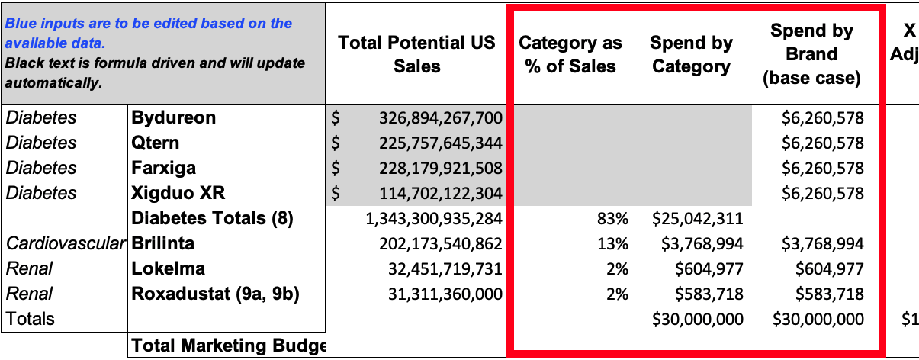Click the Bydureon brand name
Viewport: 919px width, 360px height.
[x=174, y=117]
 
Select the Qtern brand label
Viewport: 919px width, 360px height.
[x=155, y=143]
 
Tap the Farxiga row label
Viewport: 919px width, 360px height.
[x=163, y=169]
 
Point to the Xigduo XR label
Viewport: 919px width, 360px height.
[x=178, y=193]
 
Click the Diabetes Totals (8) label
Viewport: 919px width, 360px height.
[x=212, y=218]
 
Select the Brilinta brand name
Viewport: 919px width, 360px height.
[x=162, y=243]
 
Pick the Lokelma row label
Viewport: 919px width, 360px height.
[x=169, y=268]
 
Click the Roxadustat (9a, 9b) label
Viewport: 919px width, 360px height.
[x=215, y=294]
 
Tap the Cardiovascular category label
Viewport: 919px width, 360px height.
[x=66, y=243]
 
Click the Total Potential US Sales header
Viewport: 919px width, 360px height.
[x=416, y=54]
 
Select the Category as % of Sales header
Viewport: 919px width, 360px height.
[x=570, y=54]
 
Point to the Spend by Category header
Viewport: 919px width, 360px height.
[x=691, y=54]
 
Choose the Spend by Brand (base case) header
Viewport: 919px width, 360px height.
[x=811, y=54]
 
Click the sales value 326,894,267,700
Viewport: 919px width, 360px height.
[x=441, y=117]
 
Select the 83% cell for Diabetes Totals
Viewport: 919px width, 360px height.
[x=612, y=219]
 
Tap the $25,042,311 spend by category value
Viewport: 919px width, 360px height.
[x=698, y=219]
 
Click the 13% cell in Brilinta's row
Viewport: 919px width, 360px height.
[x=612, y=244]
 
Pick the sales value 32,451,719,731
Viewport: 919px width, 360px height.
[x=445, y=269]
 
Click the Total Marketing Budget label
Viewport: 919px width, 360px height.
[x=228, y=346]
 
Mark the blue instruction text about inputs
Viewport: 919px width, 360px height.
[x=149, y=33]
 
